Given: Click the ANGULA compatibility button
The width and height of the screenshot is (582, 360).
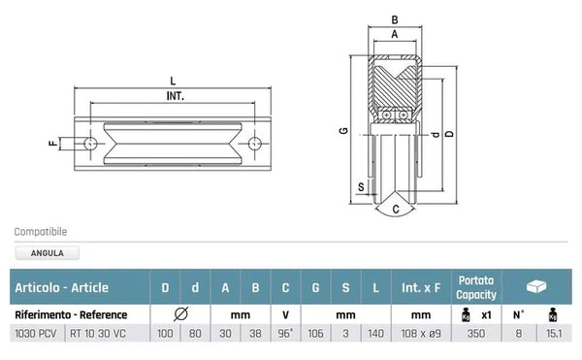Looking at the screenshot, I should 48,253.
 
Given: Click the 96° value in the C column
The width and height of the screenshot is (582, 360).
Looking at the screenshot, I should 285,333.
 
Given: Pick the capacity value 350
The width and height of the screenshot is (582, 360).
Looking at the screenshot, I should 476,333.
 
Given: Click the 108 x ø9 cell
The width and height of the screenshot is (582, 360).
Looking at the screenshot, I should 420,333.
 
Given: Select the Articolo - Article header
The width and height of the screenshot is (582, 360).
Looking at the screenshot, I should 61,287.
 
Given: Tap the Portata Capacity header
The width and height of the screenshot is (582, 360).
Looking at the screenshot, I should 476,287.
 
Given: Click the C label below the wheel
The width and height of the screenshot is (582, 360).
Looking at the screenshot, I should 395,207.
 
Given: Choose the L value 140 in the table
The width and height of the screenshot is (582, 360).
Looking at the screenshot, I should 374,333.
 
